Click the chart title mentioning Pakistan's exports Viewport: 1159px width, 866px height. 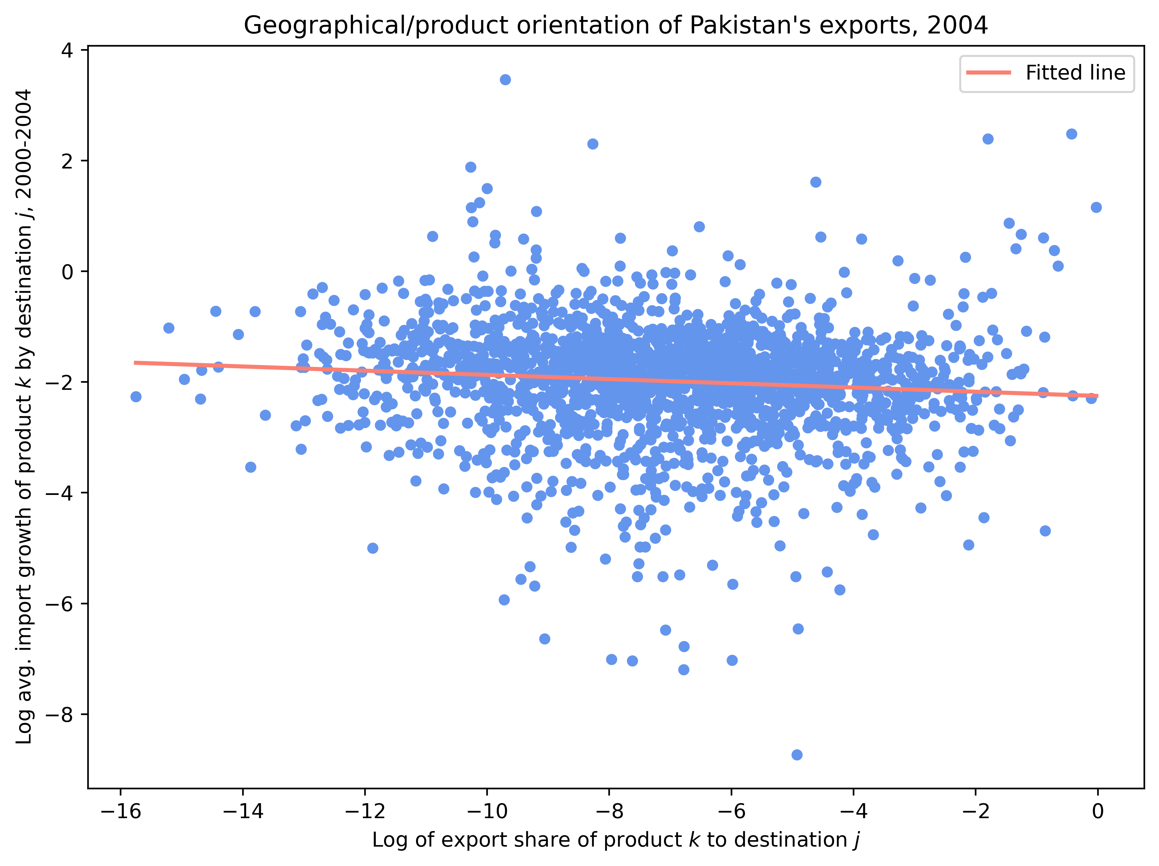click(x=616, y=25)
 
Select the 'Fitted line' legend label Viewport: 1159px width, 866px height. click(x=1075, y=73)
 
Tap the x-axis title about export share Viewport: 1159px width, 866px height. click(x=616, y=840)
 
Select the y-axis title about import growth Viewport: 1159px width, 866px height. click(x=25, y=417)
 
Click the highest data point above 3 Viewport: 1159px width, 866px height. click(x=505, y=80)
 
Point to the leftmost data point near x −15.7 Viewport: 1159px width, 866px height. click(x=136, y=396)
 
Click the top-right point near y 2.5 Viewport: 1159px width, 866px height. click(x=1072, y=134)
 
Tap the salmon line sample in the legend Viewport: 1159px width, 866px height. click(x=988, y=73)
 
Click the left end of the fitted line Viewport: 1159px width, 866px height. click(x=136, y=362)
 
